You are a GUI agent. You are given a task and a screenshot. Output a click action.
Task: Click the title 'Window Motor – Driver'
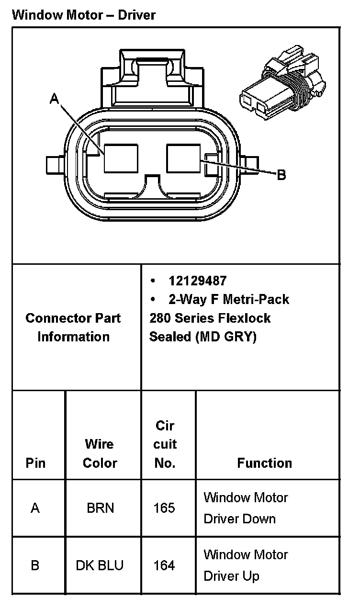tap(84, 15)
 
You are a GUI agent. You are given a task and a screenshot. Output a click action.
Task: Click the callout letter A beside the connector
tap(55, 99)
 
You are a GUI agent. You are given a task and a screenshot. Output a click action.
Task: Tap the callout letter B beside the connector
tap(281, 175)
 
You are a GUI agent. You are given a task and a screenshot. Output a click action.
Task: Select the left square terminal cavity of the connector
tap(121, 158)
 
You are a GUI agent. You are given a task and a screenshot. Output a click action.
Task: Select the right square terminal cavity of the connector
tap(183, 158)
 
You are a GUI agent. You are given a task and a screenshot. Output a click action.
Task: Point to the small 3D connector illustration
tap(283, 82)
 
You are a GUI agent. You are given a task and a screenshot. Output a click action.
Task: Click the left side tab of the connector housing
tap(56, 165)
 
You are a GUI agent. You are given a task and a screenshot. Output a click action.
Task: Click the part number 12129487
tap(197, 281)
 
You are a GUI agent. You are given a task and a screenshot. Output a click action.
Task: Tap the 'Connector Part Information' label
tap(73, 327)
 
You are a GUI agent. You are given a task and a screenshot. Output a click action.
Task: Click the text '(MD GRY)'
tap(226, 337)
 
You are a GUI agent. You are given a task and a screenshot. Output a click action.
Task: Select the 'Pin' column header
tap(35, 462)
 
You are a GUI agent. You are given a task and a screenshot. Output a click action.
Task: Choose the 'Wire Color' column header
tap(100, 453)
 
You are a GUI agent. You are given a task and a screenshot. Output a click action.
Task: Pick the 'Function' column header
tap(265, 462)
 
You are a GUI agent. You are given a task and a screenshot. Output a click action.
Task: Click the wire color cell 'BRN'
tap(101, 508)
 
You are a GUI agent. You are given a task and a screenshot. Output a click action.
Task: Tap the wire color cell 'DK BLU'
tap(100, 565)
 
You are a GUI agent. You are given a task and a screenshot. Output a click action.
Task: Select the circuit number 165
tap(164, 508)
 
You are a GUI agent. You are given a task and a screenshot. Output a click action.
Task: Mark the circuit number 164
tap(164, 565)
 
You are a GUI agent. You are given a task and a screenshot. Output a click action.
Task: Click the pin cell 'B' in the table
tap(35, 565)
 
